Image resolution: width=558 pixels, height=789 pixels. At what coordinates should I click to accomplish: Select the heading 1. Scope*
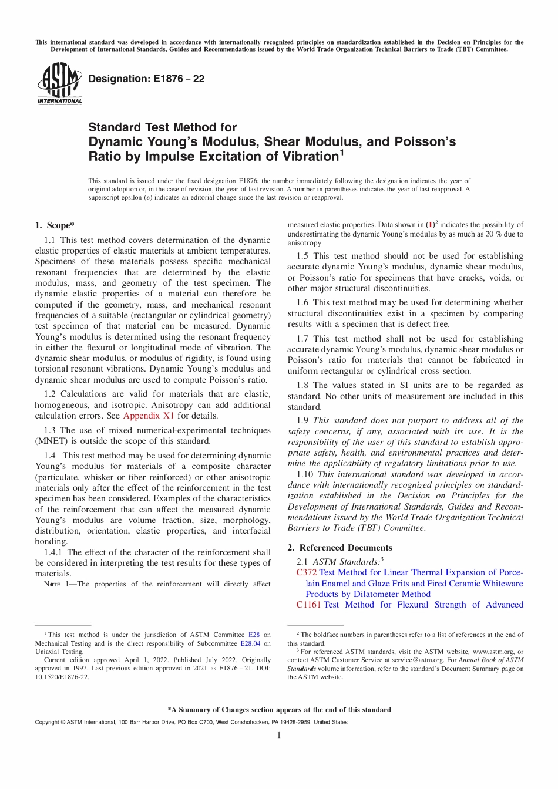click(x=55, y=225)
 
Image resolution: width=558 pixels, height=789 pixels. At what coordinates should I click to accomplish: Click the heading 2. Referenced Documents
click(x=339, y=548)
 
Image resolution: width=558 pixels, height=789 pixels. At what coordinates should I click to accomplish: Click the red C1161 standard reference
click(x=308, y=605)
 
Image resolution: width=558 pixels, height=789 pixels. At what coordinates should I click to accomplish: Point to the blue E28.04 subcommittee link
click(x=250, y=643)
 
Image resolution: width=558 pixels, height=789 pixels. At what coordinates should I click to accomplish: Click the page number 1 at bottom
click(x=279, y=735)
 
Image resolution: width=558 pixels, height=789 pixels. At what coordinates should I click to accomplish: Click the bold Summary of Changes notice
click(x=279, y=710)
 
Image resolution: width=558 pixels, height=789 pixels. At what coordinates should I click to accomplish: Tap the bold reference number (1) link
click(x=430, y=225)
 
